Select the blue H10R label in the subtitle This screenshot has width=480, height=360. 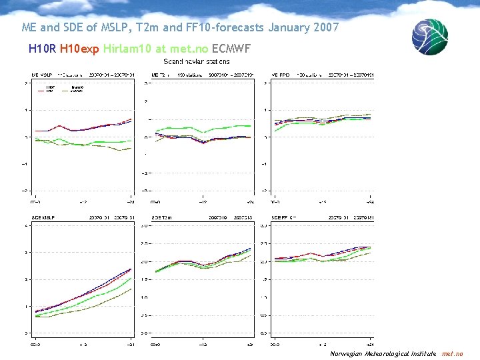point(42,49)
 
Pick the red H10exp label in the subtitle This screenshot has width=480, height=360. point(80,49)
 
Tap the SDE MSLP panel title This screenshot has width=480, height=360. point(44,217)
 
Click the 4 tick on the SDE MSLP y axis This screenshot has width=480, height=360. point(26,225)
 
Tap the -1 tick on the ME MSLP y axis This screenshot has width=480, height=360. point(26,163)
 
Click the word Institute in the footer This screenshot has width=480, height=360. point(423,353)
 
